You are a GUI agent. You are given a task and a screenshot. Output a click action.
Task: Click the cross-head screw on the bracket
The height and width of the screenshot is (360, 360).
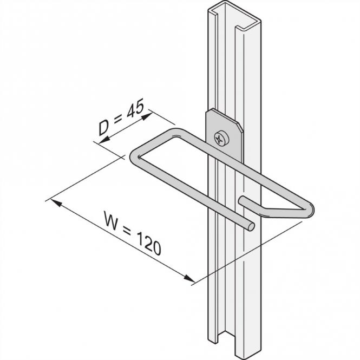tap(219, 138)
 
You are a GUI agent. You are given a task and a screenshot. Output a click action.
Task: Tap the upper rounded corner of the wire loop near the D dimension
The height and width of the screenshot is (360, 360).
tap(174, 132)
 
